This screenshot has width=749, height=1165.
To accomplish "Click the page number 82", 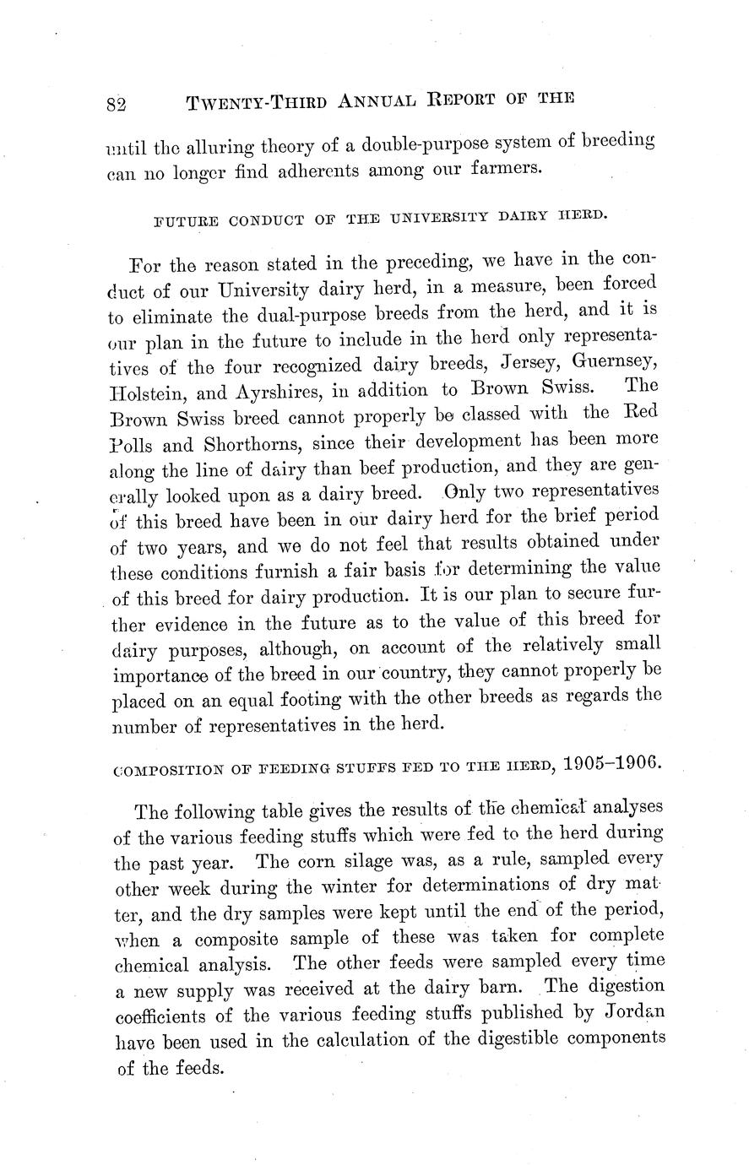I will coord(117,104).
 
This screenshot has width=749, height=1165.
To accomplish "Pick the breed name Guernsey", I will coord(614,363).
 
